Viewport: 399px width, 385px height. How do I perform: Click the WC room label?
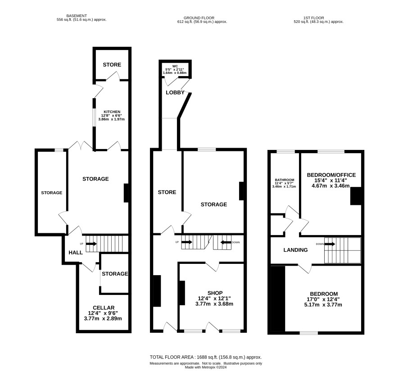click(x=175, y=66)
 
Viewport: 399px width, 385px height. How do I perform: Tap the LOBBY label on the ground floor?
click(x=175, y=92)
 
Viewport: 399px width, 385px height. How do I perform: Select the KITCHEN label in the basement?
click(x=112, y=112)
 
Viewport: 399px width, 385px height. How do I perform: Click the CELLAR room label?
click(x=104, y=308)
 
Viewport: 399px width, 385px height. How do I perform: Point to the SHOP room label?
click(x=215, y=293)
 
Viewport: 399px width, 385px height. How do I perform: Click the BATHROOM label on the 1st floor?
click(x=285, y=180)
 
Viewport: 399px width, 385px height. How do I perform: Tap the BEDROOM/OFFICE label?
click(x=331, y=175)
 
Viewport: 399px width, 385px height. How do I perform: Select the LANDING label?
click(x=295, y=250)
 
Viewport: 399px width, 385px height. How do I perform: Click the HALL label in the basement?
click(x=76, y=253)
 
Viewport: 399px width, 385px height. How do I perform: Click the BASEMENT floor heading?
click(x=77, y=16)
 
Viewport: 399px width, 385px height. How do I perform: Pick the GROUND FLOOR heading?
click(x=199, y=18)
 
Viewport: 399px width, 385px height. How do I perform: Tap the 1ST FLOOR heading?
click(x=314, y=18)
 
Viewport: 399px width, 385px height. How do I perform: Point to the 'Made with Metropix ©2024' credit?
click(x=206, y=367)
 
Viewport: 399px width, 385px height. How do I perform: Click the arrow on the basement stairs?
click(x=91, y=244)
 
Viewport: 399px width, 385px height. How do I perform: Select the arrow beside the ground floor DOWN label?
click(x=226, y=242)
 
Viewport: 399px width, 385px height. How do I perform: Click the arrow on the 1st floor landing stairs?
click(x=330, y=244)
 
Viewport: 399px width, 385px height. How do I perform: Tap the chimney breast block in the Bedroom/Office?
click(x=356, y=196)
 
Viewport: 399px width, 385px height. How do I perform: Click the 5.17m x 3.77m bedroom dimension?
click(x=323, y=304)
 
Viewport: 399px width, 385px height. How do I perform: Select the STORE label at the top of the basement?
click(x=112, y=65)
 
